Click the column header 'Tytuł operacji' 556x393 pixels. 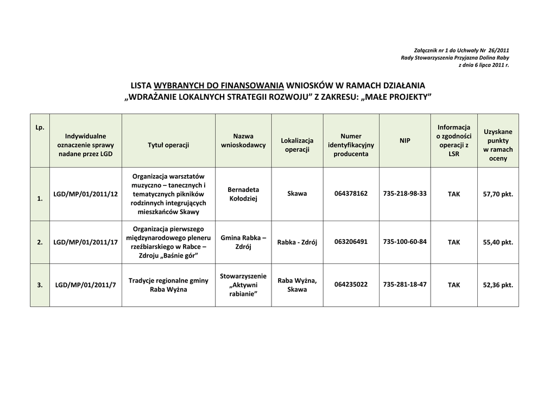pos(168,145)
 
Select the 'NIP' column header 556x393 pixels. pos(405,141)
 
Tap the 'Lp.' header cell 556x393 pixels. pos(40,128)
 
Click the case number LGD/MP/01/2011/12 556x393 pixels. pos(86,194)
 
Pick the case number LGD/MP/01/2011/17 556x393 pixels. pos(86,242)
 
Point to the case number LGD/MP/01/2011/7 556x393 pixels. pos(86,285)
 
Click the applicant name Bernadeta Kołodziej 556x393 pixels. pos(243,194)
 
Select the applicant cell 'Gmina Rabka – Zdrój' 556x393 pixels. pos(243,242)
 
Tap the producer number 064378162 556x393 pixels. pos(351,194)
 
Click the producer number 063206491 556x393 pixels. pos(351,242)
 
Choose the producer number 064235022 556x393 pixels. pos(351,285)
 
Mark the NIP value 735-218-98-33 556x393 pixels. pos(405,194)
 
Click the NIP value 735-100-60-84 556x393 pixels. pos(405,242)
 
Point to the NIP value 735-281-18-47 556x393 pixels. pos(405,285)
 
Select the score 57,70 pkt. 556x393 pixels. pos(498,194)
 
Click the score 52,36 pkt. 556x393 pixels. pos(498,285)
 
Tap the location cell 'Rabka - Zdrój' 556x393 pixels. pos(297,242)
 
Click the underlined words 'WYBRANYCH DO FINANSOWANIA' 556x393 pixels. pos(219,86)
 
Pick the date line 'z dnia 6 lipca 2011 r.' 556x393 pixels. pos(484,65)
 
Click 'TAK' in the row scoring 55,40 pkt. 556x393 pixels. pos(454,242)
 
